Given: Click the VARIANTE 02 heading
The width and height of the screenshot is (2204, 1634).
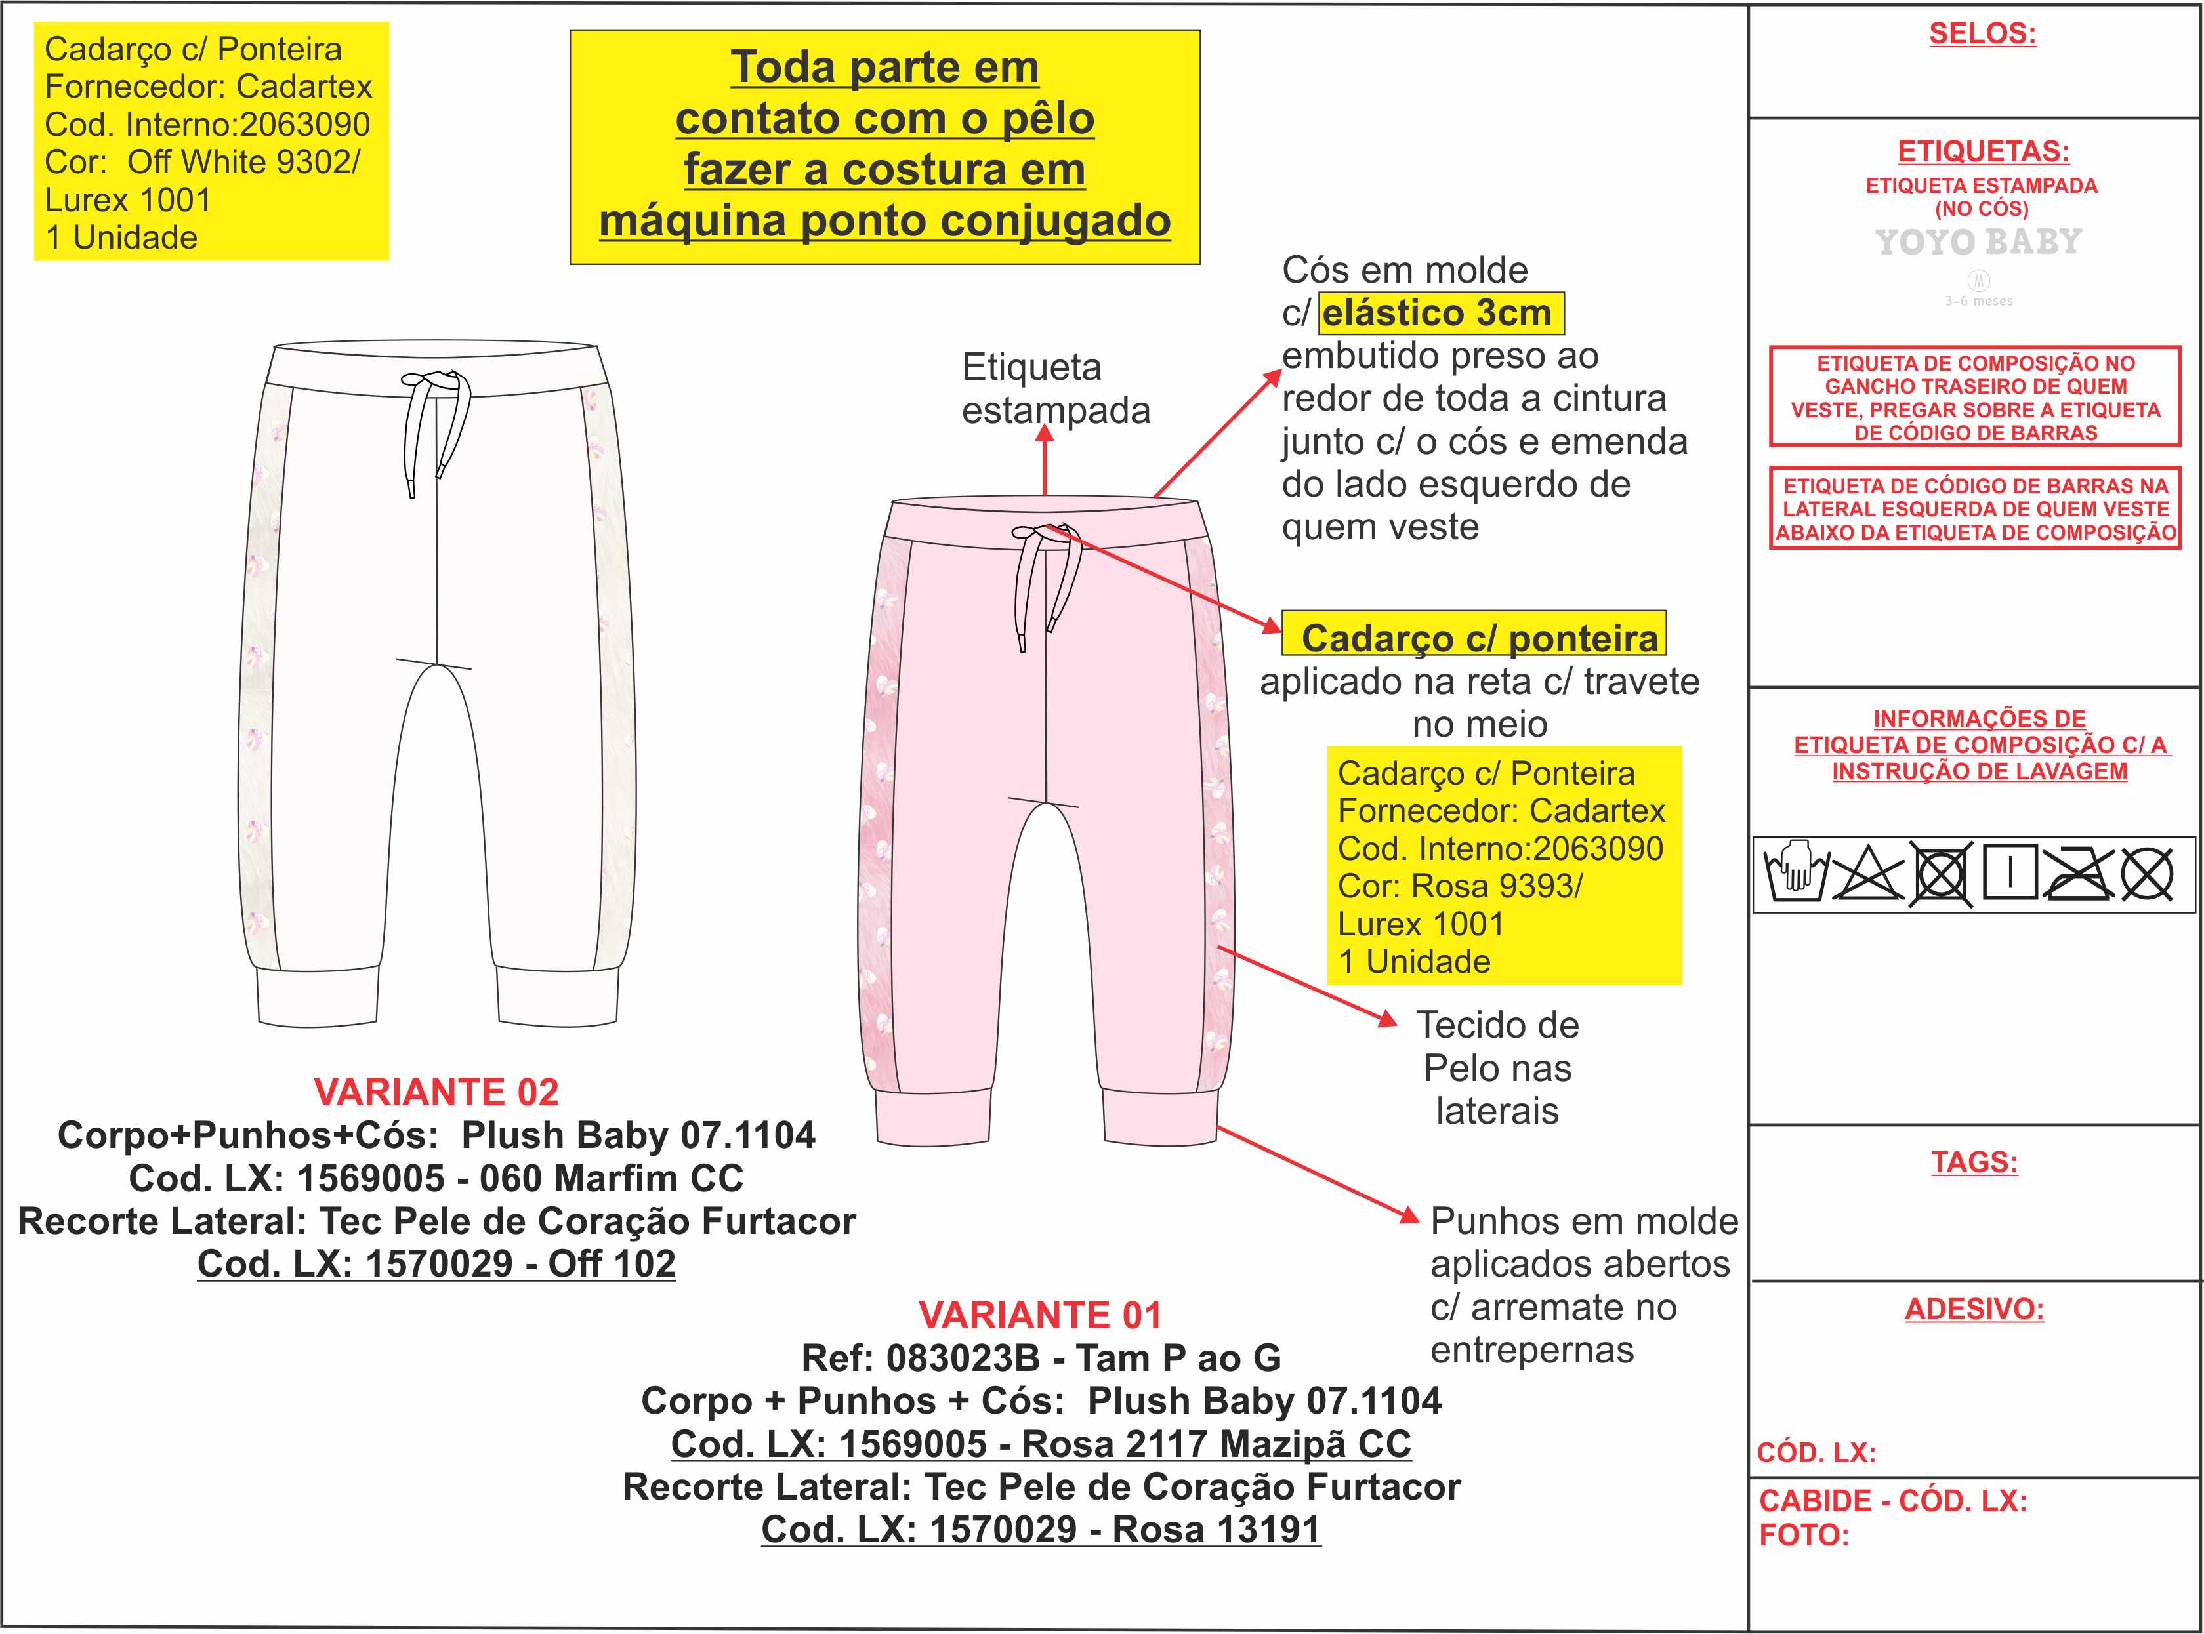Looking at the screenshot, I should coord(436,1092).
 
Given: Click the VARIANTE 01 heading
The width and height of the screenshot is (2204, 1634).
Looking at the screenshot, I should coord(1040,1315).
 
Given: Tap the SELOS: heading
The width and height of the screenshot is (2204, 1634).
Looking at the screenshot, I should coord(1982,33).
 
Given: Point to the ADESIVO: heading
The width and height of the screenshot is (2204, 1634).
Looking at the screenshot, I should coord(1974,1309).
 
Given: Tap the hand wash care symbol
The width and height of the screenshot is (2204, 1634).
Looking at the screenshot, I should coord(1793,873).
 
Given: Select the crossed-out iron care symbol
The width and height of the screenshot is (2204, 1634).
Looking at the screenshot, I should coord(2079,873).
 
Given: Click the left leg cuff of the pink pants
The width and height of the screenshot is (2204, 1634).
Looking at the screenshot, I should coord(932,1118).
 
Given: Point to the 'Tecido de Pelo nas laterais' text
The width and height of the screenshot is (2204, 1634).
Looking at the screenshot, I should coord(1497,1067).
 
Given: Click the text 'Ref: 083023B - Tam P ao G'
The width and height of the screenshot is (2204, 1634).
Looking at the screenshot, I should coord(1041,1358).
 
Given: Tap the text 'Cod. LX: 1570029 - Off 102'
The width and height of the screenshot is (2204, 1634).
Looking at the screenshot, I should coord(436,1263).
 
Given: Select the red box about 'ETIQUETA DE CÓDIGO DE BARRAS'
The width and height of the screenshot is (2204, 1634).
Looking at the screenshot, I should coord(1974,508).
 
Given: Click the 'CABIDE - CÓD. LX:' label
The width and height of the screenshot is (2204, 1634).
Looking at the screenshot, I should coord(1892,1500).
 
